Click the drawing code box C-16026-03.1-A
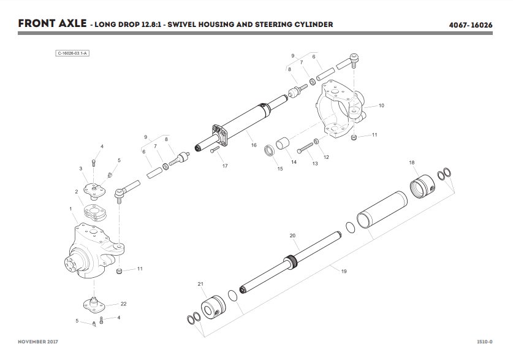[x=73, y=53]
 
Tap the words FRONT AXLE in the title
[x=52, y=24]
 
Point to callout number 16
[x=254, y=145]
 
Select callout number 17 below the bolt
[x=225, y=166]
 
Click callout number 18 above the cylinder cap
[x=412, y=163]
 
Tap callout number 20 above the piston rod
[x=292, y=236]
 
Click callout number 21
[x=200, y=283]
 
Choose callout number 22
[x=124, y=304]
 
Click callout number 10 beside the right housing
[x=381, y=105]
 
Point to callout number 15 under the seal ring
[x=279, y=169]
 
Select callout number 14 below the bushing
[x=294, y=162]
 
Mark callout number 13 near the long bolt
[x=314, y=164]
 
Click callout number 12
[x=326, y=157]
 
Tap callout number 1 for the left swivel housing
[x=71, y=209]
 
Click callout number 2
[x=77, y=192]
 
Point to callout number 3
[x=80, y=169]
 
